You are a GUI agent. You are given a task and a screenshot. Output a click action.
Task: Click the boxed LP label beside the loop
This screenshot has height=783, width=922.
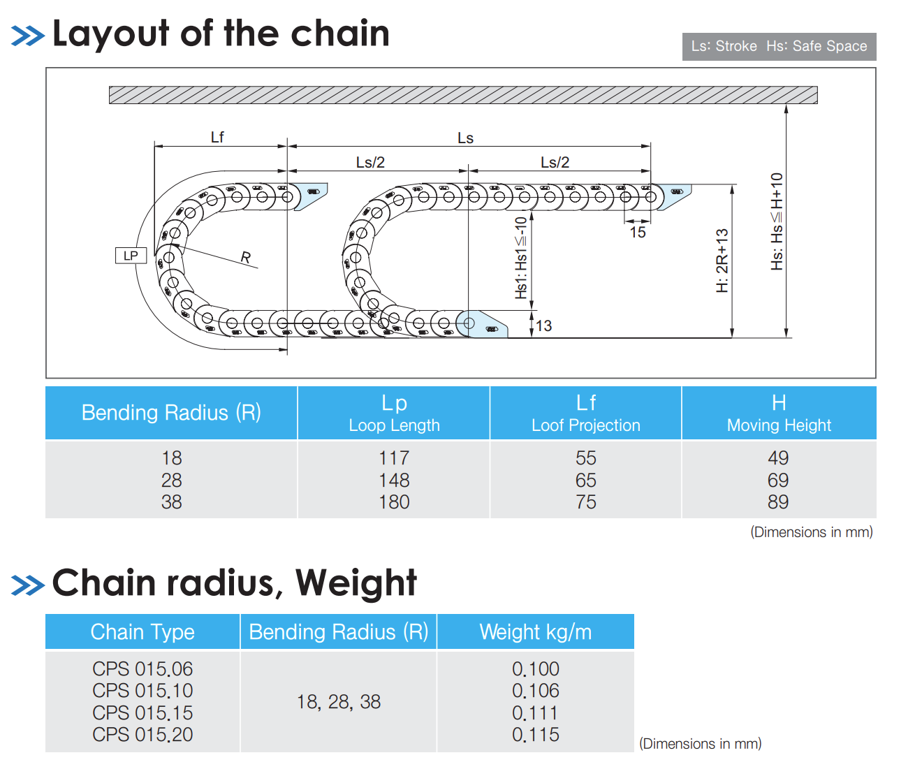131,256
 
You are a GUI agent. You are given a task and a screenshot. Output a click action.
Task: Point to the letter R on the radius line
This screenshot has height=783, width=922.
246,257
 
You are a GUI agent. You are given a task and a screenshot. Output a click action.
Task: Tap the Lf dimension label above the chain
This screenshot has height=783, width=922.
217,137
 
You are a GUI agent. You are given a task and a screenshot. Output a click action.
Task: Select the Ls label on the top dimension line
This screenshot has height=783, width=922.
465,138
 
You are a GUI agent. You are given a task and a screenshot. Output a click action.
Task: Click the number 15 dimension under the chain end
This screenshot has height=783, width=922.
638,232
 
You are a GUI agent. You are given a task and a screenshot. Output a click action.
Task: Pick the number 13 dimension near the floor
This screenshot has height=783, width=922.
543,325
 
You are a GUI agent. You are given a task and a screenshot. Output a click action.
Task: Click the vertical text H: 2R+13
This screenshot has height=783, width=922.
722,261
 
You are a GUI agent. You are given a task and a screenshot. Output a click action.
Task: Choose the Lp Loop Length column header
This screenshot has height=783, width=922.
394,413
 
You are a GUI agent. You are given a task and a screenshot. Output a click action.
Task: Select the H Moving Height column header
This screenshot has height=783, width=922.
779,413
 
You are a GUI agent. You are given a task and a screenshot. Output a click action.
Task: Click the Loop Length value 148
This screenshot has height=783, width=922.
394,480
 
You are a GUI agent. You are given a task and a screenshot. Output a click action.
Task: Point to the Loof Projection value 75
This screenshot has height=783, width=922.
585,502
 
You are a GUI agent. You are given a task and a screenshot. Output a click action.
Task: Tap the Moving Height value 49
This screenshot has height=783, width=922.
778,458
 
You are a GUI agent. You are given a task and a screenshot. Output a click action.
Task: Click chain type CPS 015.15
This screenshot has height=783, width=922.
142,712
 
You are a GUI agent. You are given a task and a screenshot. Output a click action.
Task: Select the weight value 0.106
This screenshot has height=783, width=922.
535,691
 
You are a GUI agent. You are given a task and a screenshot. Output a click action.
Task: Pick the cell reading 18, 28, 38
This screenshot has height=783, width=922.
339,702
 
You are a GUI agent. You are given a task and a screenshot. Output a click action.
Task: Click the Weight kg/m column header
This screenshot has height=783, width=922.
535,631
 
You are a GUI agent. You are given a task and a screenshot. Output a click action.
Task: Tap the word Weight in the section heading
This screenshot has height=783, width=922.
356,583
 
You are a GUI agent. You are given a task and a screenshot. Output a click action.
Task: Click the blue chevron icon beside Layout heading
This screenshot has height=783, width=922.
28,36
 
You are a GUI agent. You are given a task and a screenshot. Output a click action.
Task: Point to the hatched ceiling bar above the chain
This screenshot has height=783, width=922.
463,95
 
